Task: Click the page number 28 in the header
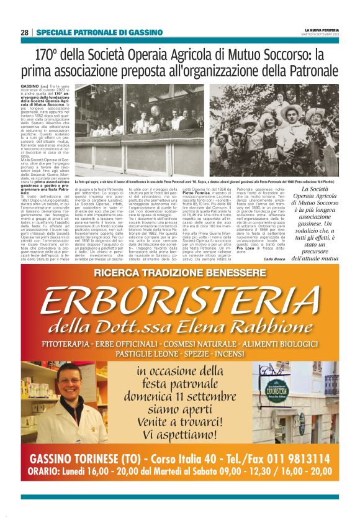click(25, 32)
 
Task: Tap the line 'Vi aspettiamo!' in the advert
click(180, 435)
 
